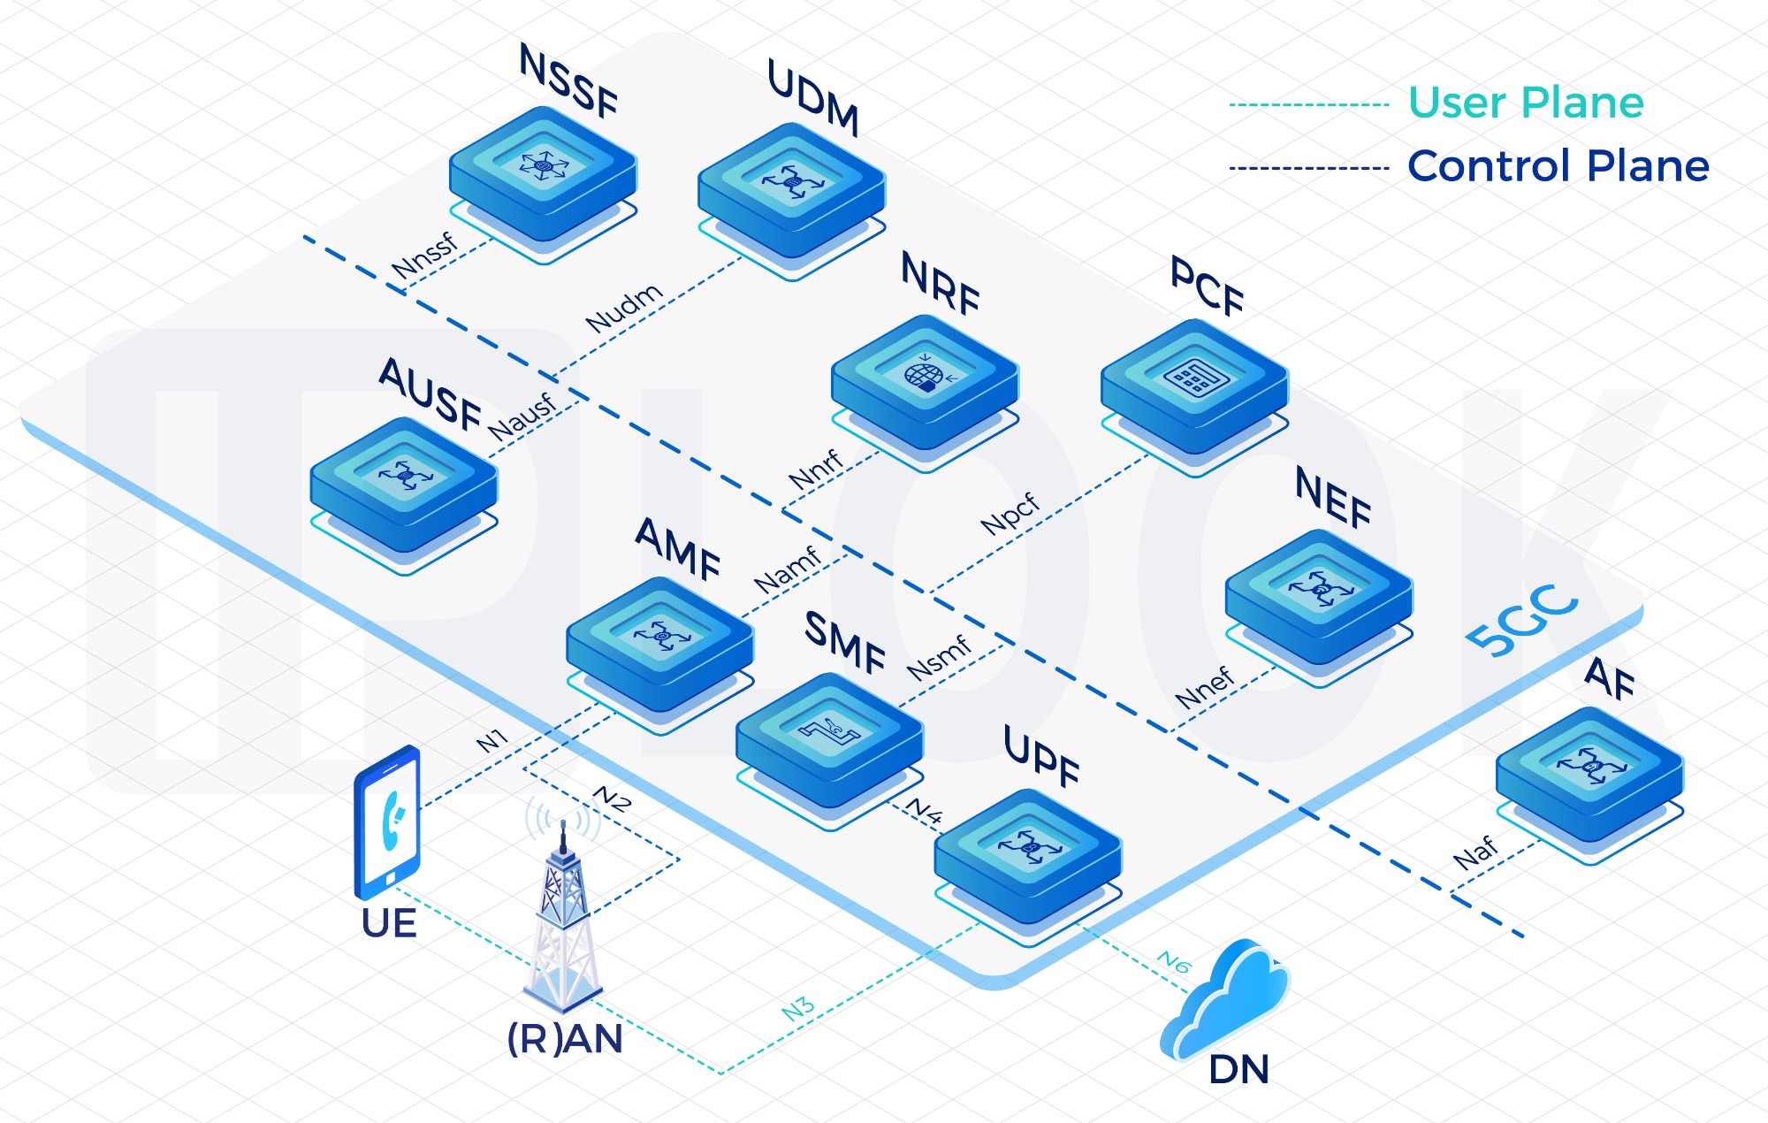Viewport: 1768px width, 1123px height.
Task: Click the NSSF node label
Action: point(568,81)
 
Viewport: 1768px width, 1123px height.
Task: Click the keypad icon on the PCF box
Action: point(1195,379)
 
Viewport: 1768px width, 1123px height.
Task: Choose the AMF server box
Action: point(659,645)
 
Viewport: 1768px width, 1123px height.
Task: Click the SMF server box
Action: point(829,740)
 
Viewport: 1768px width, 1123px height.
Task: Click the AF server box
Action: point(1589,774)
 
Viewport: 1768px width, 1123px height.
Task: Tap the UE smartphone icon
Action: point(387,822)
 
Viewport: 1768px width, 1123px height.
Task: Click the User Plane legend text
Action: point(1526,103)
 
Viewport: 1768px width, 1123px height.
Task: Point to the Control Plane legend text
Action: point(1558,166)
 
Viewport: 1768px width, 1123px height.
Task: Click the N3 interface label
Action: point(798,1009)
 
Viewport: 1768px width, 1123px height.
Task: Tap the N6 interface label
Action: point(1175,962)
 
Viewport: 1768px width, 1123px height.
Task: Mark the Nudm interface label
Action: point(624,308)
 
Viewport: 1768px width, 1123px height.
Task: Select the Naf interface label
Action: point(1475,852)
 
